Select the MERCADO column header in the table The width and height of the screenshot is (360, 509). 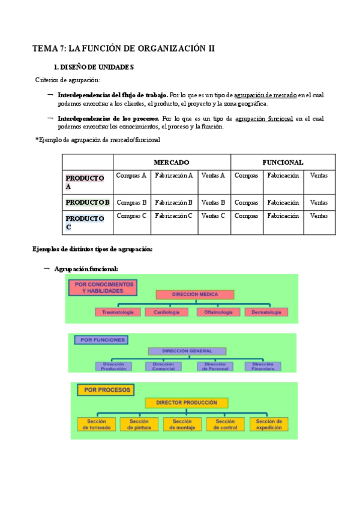172,162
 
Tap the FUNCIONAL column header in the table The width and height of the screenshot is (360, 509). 283,162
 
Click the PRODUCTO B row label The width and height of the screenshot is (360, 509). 88,202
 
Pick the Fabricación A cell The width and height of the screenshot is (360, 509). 174,175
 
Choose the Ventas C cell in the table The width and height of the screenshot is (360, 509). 214,215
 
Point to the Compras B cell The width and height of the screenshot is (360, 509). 131,202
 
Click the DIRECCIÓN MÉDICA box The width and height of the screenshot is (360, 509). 194,295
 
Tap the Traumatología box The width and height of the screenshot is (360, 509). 118,312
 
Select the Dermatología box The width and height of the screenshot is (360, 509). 266,312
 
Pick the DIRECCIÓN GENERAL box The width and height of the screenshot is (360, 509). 187,351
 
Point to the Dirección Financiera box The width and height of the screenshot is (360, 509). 263,366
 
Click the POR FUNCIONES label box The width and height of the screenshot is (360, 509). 100,340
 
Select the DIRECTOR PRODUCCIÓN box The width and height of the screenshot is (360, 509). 187,403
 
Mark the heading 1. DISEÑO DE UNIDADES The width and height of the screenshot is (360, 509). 94,67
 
